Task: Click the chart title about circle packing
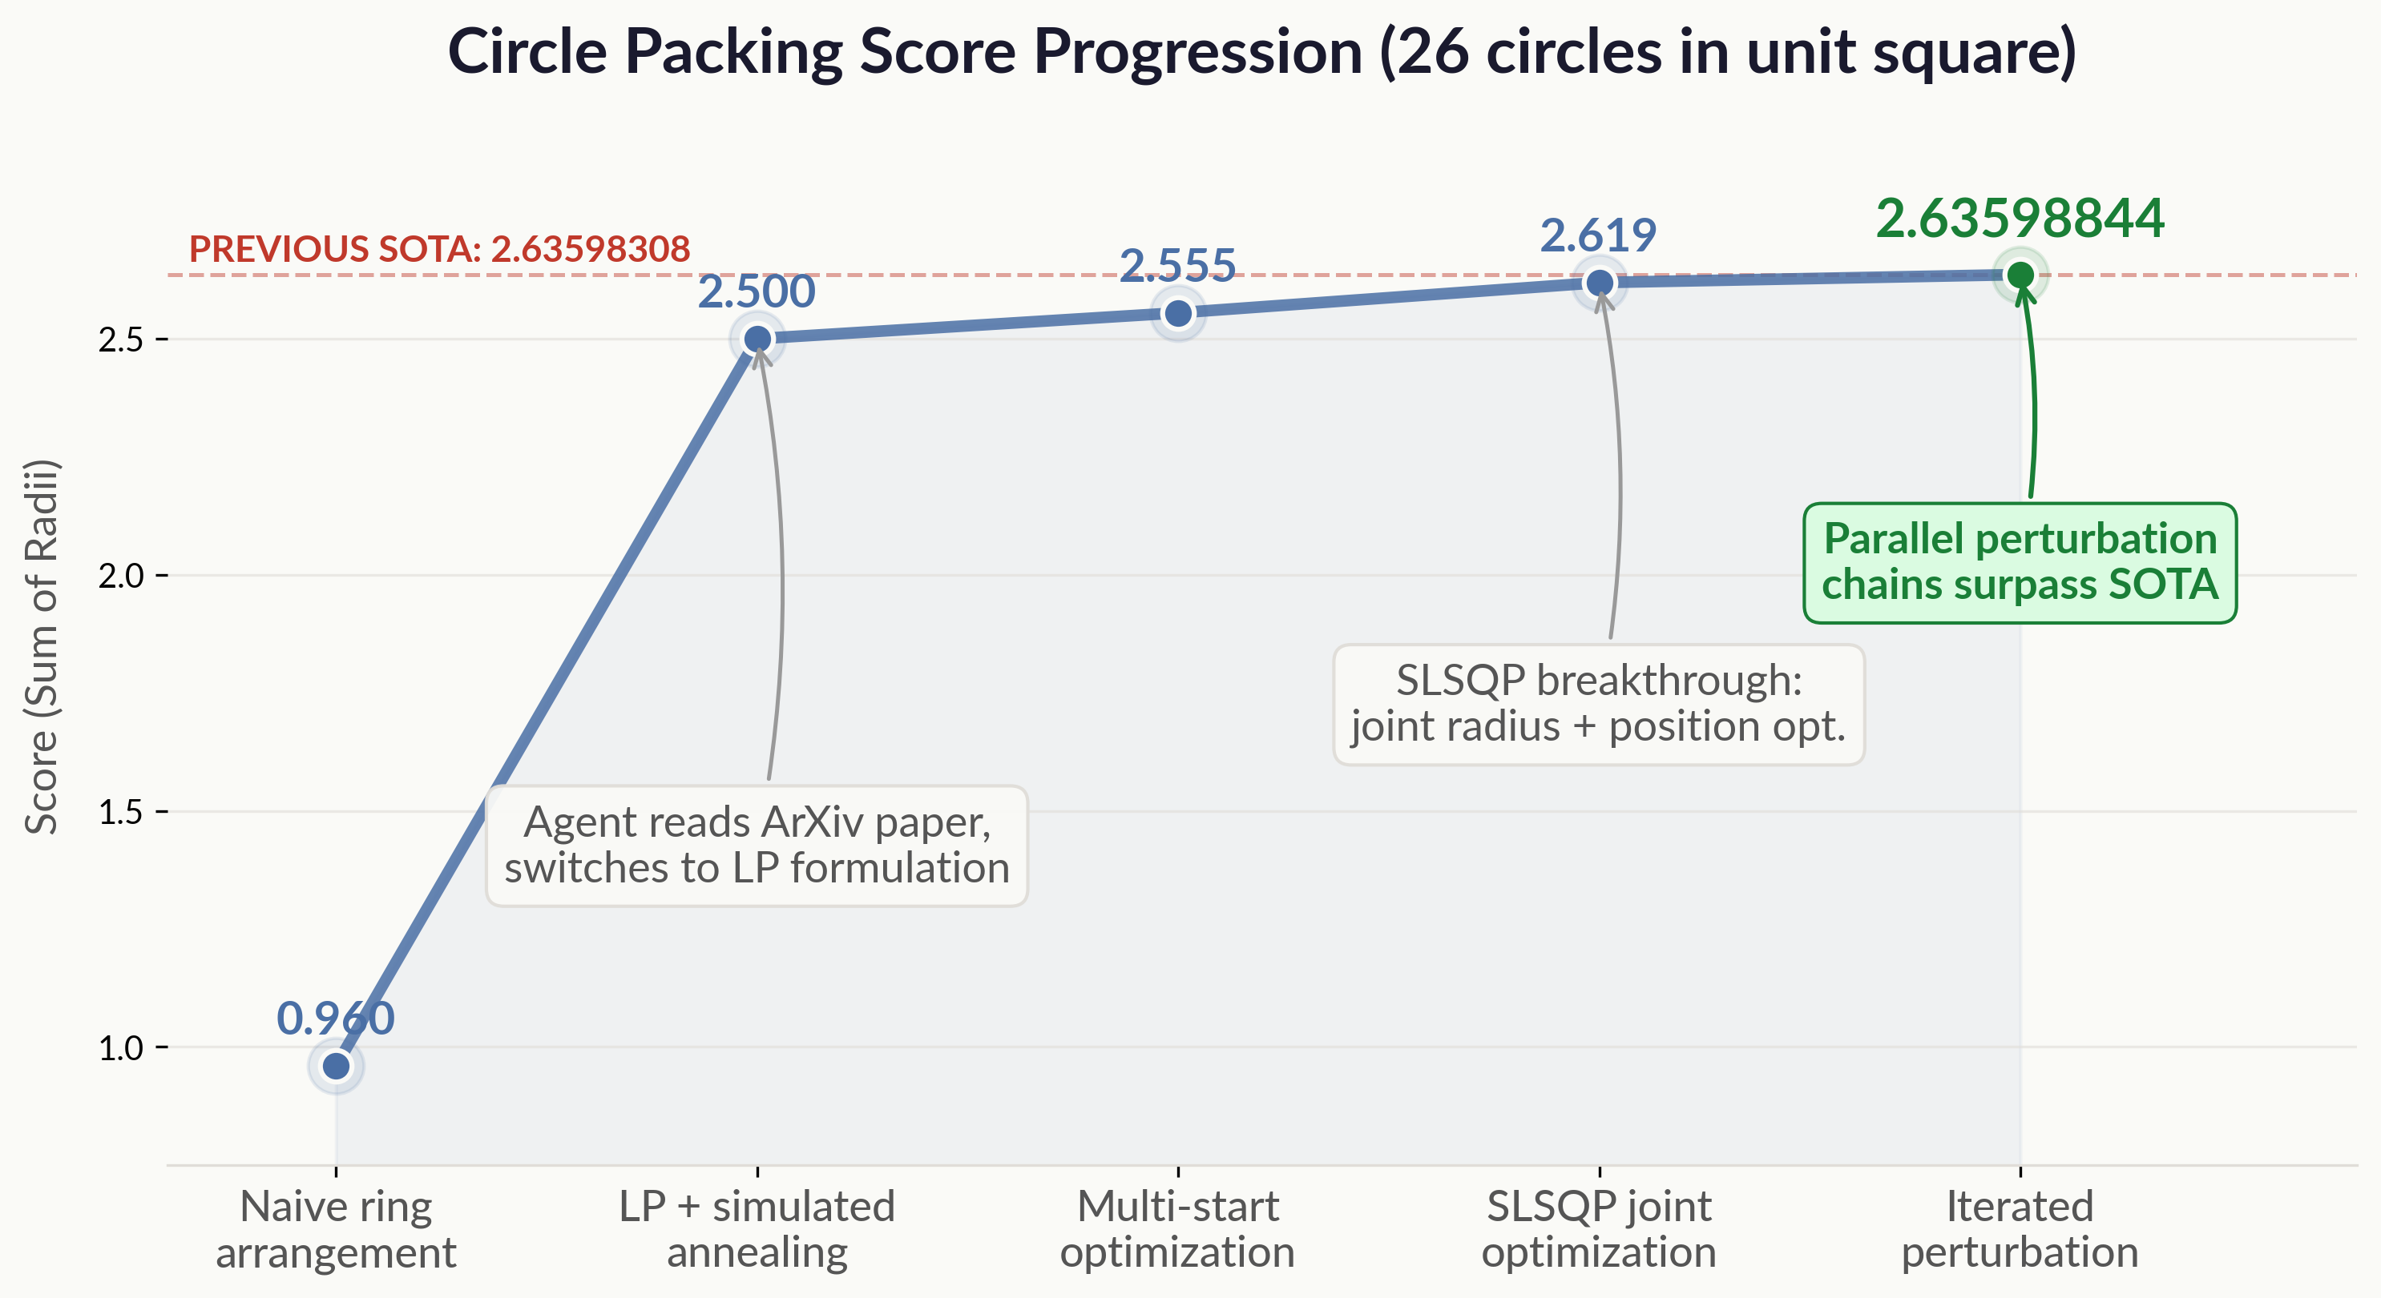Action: click(1261, 52)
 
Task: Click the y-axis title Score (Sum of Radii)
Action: click(42, 647)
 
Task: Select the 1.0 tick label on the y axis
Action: click(121, 1047)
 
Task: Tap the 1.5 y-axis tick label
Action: click(121, 812)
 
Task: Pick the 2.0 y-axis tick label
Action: click(121, 576)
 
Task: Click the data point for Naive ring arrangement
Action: click(336, 1066)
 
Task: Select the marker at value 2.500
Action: click(757, 339)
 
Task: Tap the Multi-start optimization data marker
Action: click(1177, 313)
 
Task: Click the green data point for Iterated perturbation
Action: click(2020, 275)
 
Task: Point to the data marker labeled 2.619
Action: click(1599, 283)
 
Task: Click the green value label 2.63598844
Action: click(2020, 219)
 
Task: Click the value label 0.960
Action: click(336, 1018)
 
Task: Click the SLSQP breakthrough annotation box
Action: click(1598, 704)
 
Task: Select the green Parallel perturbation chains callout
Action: click(2020, 563)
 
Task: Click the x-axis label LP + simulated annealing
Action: click(757, 1228)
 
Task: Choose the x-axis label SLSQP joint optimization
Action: click(1599, 1228)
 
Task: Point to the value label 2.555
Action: click(1177, 265)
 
